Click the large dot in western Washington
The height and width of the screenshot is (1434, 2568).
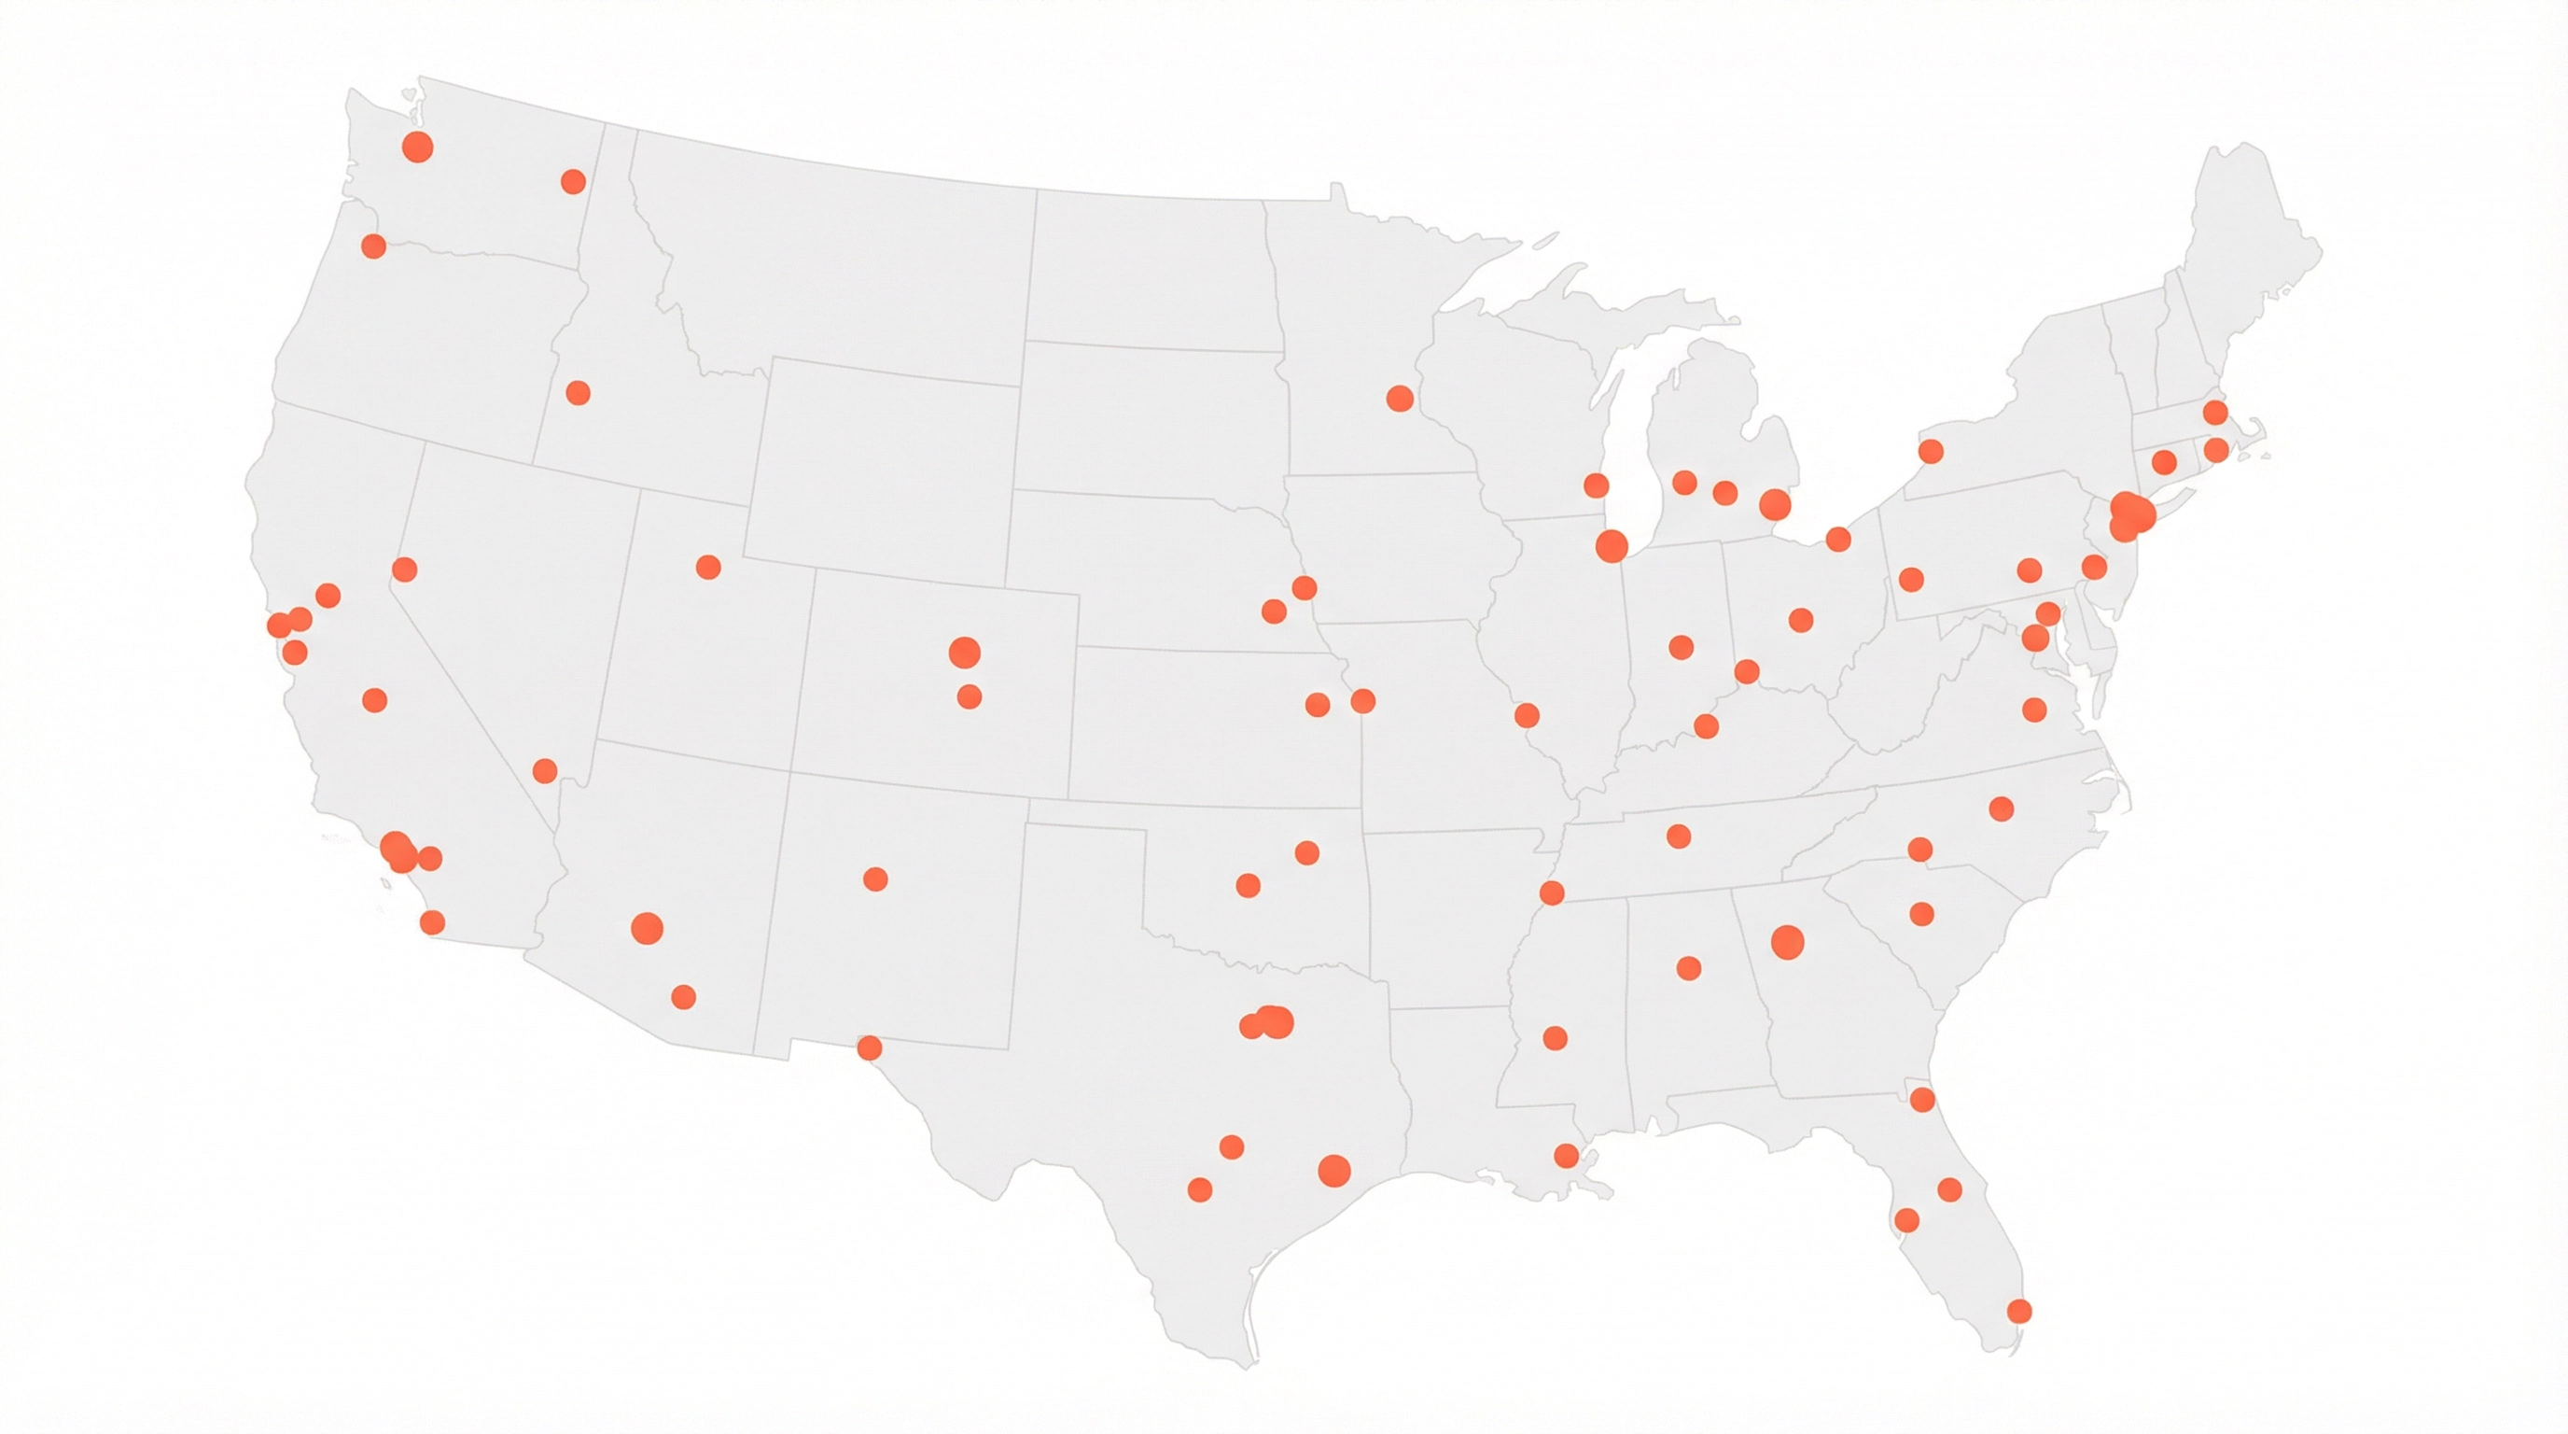(418, 148)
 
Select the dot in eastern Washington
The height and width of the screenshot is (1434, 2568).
(573, 181)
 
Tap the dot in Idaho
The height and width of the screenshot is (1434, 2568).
(579, 393)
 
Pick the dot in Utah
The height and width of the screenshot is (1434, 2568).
(709, 568)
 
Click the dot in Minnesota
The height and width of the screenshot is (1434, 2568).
(1400, 399)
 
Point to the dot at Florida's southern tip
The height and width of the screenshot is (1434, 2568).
(2018, 1312)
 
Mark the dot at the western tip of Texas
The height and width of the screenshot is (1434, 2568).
(870, 1048)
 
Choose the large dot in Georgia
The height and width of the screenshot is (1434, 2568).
(1788, 942)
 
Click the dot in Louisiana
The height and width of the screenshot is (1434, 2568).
(1566, 1156)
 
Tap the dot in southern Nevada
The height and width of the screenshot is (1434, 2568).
(545, 771)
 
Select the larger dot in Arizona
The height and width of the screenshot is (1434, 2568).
(647, 928)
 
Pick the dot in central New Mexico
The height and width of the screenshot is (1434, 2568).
(875, 879)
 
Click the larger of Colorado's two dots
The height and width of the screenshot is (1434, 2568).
(964, 654)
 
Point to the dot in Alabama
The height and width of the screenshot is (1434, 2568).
(1689, 968)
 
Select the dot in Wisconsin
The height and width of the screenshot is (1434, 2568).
(1596, 485)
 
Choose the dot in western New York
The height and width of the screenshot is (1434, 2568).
(1931, 452)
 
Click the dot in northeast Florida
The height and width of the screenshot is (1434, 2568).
(1923, 1100)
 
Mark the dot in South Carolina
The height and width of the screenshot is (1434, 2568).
(1921, 914)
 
